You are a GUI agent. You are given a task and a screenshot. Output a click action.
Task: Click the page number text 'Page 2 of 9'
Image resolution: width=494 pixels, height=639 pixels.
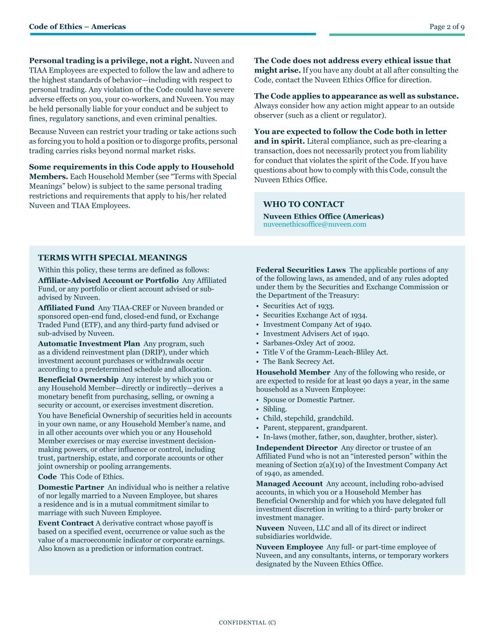[x=447, y=27]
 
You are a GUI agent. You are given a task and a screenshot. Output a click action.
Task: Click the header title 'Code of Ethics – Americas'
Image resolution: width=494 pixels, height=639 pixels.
[x=77, y=27]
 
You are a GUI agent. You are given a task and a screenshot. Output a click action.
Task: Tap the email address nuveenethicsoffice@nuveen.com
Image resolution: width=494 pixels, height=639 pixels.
[x=315, y=224]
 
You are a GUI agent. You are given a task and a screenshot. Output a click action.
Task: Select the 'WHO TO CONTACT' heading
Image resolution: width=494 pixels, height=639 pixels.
[x=303, y=204]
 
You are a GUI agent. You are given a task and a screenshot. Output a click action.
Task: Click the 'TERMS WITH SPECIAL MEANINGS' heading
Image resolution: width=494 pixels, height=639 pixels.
[x=112, y=257]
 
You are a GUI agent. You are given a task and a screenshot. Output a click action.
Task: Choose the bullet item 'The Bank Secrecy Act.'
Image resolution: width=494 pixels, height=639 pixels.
[x=299, y=361]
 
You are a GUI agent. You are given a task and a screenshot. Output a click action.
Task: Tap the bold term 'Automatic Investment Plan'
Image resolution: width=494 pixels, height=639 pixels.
[x=89, y=343]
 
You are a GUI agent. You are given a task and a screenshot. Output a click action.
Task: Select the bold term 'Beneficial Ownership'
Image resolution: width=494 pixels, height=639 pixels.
[x=78, y=379]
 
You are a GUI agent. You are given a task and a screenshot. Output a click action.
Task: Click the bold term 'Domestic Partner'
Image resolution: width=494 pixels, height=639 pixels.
[x=71, y=487]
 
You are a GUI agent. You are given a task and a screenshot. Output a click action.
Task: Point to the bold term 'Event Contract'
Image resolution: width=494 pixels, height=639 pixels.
[x=66, y=523]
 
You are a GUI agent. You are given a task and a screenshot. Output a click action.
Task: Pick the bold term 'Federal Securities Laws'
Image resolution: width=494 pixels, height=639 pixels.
[x=301, y=270]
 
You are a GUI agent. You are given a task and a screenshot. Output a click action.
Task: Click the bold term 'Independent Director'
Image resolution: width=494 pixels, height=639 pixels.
[x=296, y=448]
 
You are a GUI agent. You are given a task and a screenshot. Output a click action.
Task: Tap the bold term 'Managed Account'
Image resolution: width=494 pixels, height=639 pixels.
[x=289, y=484]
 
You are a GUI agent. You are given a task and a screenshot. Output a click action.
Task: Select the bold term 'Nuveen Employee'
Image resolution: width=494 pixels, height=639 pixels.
[x=289, y=547]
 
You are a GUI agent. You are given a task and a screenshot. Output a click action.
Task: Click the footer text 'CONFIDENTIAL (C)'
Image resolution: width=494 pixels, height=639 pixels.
[x=247, y=623]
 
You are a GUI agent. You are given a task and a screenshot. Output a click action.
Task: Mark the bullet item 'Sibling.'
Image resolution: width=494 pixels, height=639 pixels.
[x=275, y=409]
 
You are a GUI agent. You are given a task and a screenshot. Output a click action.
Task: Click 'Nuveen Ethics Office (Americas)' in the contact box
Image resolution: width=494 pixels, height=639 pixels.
[x=323, y=216]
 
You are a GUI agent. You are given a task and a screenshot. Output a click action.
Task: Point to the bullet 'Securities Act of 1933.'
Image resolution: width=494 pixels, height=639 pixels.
[x=298, y=306]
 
